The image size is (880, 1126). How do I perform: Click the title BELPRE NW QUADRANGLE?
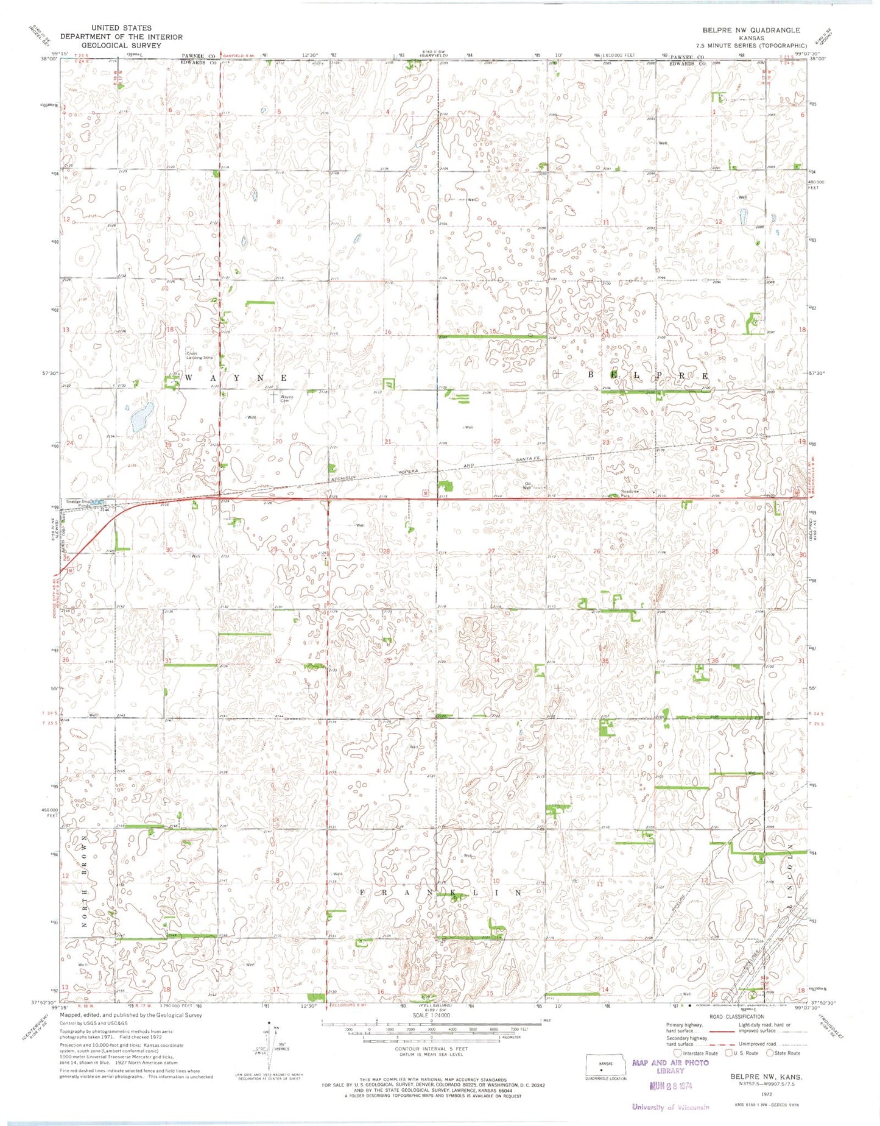[750, 30]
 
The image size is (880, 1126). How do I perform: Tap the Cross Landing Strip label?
[199, 355]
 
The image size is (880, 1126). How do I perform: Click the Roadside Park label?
[630, 493]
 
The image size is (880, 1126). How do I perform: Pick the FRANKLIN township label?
[442, 892]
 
